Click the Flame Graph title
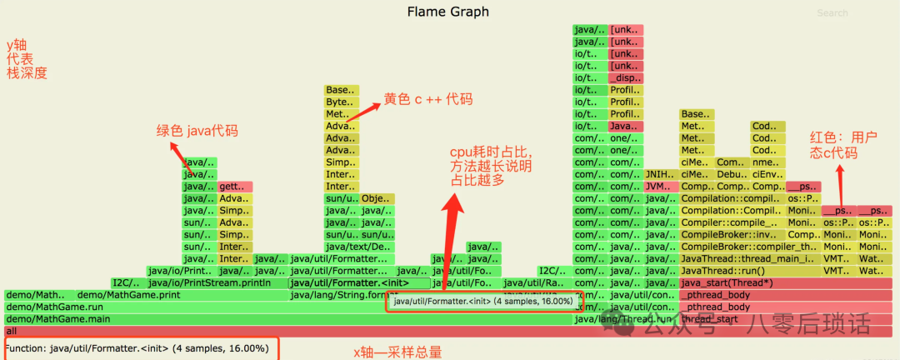coord(448,12)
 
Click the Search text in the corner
coord(832,13)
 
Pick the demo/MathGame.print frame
coord(127,295)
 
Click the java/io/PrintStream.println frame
coord(208,282)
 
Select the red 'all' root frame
coord(250,331)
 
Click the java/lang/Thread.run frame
coord(623,319)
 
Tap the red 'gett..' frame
coord(234,187)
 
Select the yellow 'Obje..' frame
coord(377,199)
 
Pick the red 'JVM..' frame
coord(660,187)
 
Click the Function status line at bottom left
coord(137,348)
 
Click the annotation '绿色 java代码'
coord(197,130)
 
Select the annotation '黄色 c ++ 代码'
coord(427,99)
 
